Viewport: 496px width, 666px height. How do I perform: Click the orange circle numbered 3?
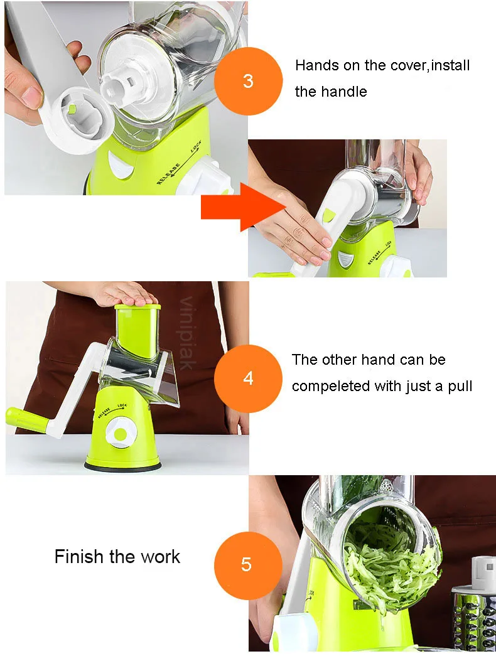(x=248, y=81)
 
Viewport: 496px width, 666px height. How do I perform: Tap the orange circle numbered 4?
(x=248, y=379)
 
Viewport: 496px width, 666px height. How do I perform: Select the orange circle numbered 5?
(x=248, y=566)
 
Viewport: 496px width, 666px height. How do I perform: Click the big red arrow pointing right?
(x=244, y=207)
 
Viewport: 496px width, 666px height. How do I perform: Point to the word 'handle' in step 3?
(x=343, y=91)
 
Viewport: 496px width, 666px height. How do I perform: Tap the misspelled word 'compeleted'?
(x=328, y=387)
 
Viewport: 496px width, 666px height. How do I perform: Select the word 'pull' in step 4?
(x=460, y=387)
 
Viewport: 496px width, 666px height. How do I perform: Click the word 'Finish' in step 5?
(x=79, y=556)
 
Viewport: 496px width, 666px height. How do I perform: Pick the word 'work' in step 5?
(x=161, y=556)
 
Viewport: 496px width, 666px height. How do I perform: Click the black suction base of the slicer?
(x=122, y=466)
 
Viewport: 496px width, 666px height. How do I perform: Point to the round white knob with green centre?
(x=121, y=434)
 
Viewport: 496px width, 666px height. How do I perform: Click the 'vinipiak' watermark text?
(x=186, y=333)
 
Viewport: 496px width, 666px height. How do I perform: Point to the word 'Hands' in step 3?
(x=315, y=65)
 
